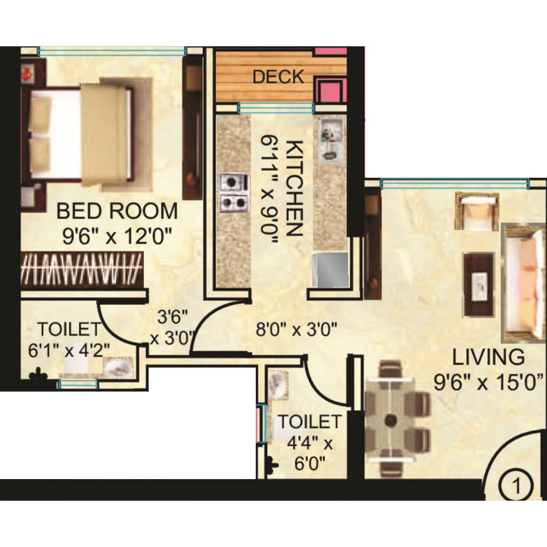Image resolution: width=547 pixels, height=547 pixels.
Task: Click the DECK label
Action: tap(278, 77)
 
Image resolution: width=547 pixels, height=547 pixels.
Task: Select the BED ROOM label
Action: tap(117, 212)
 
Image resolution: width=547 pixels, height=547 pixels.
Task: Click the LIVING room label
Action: tap(488, 357)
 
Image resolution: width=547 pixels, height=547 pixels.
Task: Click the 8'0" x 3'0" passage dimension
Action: tap(296, 329)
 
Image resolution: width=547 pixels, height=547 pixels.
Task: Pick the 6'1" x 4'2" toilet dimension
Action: tap(69, 351)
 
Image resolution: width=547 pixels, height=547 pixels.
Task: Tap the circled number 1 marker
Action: tap(516, 486)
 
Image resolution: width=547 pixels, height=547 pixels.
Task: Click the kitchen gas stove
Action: tap(234, 193)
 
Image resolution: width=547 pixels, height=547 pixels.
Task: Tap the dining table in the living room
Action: tap(390, 418)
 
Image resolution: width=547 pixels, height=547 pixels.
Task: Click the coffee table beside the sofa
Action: tap(479, 284)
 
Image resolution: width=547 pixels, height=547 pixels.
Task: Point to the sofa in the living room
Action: tap(524, 283)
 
